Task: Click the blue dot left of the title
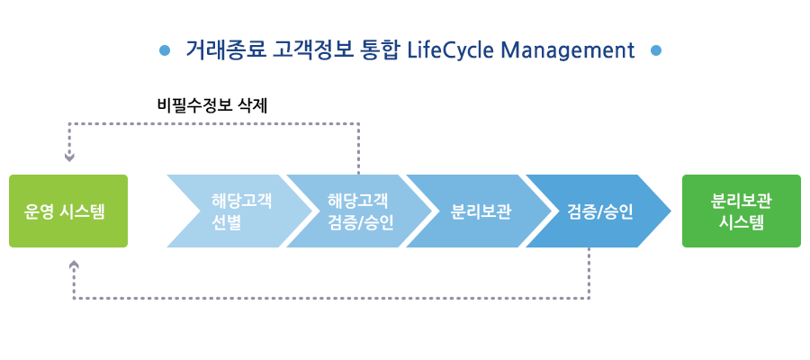(165, 50)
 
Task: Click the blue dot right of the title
(656, 50)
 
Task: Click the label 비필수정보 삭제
(212, 106)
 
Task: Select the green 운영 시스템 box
(68, 211)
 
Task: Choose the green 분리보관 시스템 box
(742, 211)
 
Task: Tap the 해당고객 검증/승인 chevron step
(359, 211)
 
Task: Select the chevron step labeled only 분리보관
(479, 211)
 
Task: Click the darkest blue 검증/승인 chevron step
(598, 211)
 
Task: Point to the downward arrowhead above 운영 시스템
(69, 157)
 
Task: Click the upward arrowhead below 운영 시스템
(74, 265)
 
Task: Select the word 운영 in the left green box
(38, 211)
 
